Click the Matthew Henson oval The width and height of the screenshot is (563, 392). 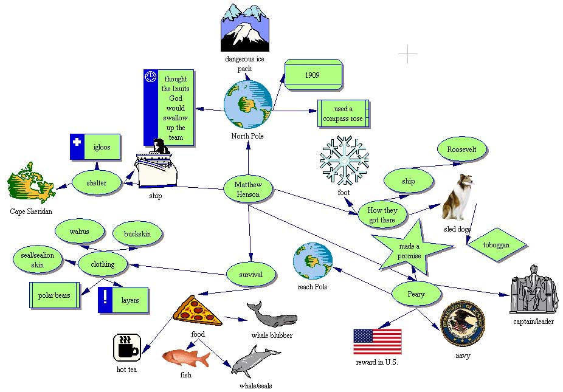click(248, 189)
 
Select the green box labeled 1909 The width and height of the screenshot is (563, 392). click(313, 75)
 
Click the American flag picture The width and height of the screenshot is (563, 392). click(378, 342)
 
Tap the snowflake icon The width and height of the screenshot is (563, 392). click(344, 160)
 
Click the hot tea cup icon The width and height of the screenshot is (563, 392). click(127, 348)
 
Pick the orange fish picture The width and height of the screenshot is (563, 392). click(185, 357)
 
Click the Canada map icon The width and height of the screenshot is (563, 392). click(30, 181)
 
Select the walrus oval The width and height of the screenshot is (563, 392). click(80, 232)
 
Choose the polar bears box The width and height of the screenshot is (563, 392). click(55, 295)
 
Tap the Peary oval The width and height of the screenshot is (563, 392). click(416, 294)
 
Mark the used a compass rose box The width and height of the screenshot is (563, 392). click(343, 114)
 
